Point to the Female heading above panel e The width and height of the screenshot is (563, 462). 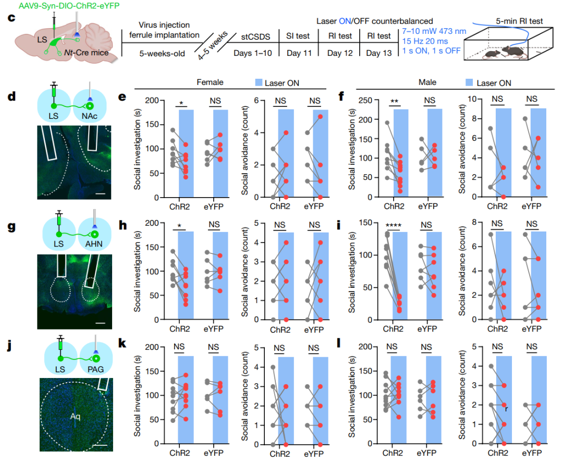[x=211, y=82]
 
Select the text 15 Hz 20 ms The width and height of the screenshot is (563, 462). [x=427, y=42]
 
